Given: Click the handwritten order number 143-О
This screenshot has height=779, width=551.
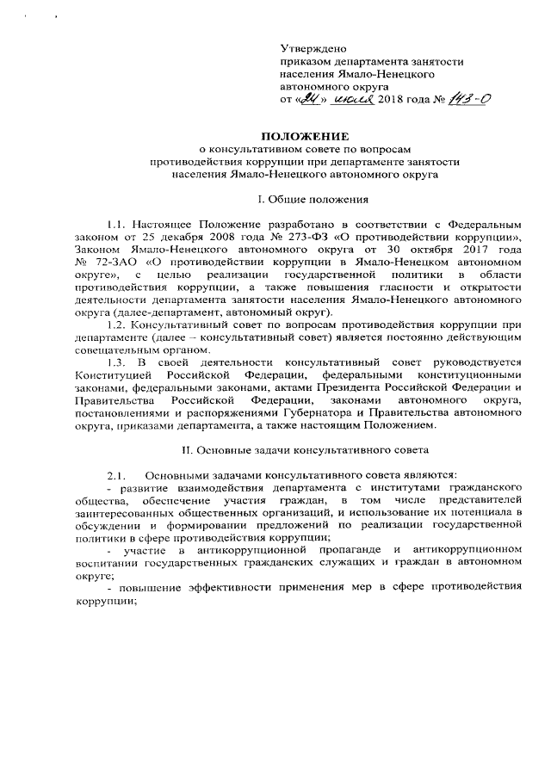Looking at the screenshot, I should point(467,100).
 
